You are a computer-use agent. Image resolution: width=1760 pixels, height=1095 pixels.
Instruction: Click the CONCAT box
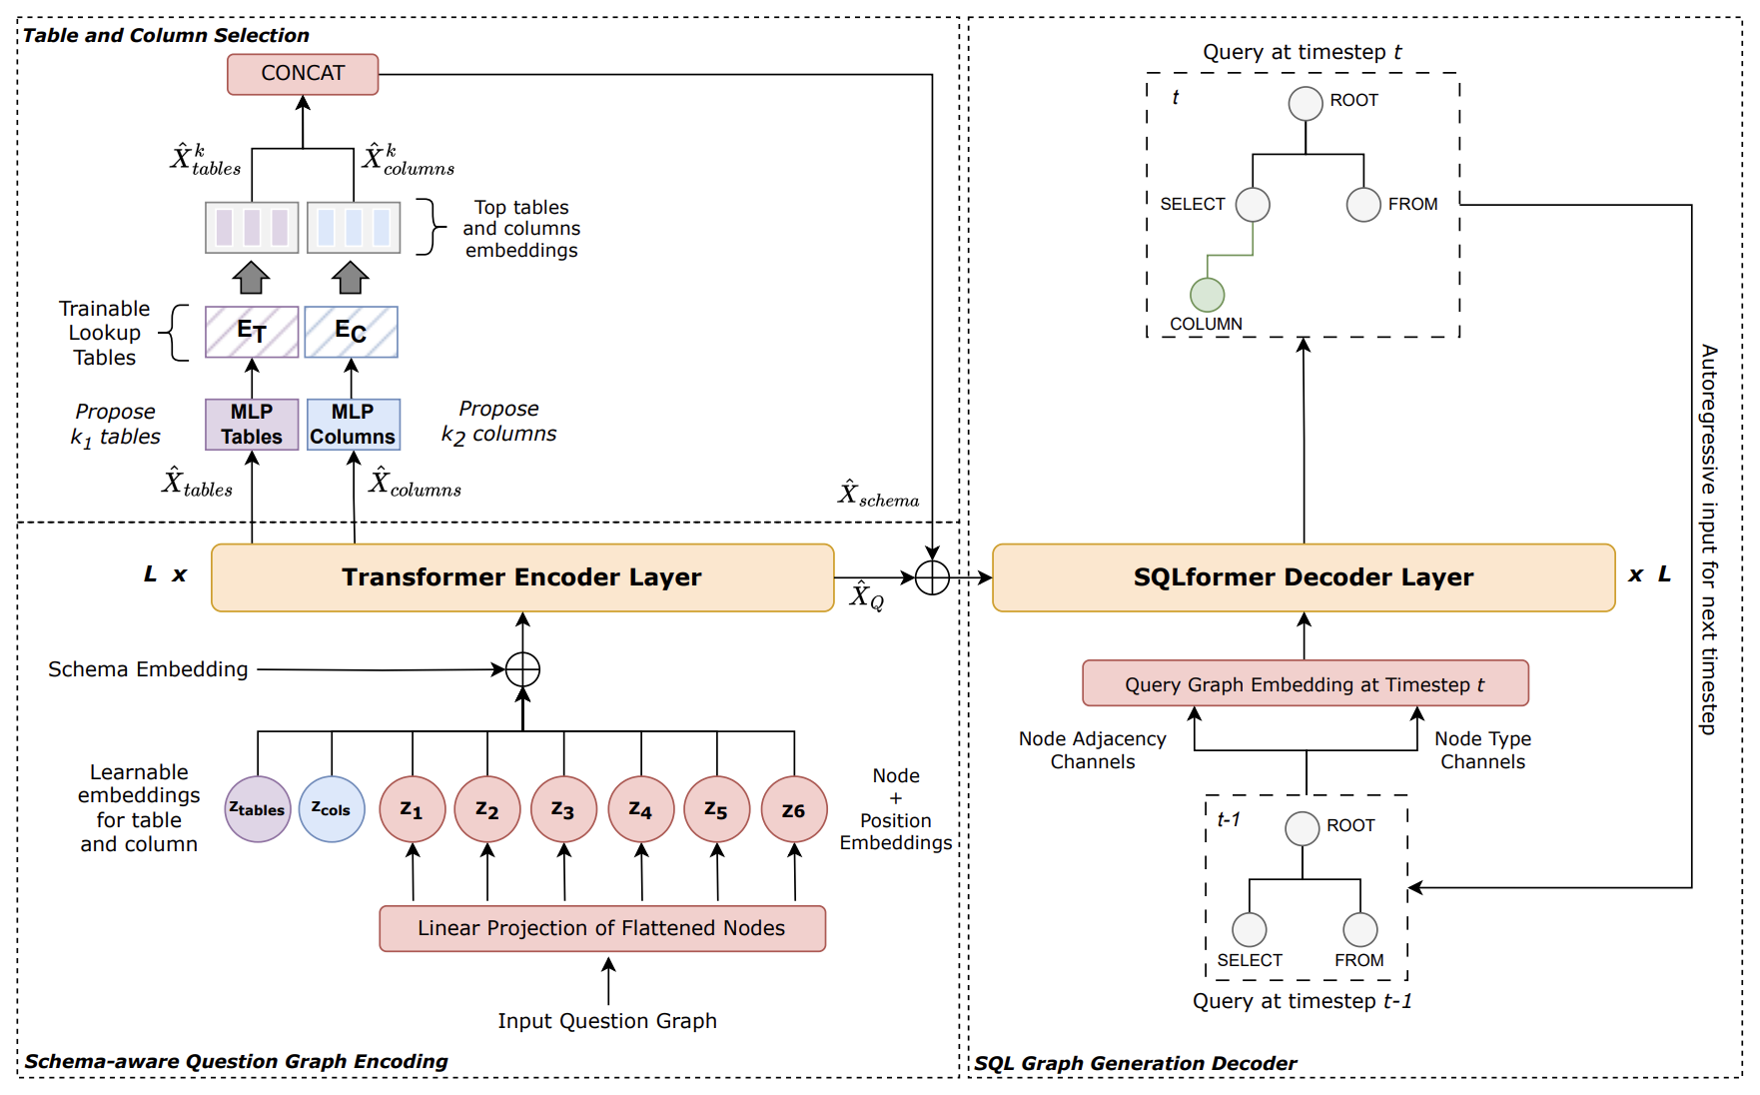[303, 74]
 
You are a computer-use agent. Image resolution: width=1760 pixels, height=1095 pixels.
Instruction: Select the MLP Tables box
[252, 425]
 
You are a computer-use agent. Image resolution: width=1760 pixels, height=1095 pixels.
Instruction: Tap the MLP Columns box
[353, 425]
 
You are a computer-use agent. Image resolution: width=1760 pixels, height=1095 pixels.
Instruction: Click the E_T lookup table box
[252, 332]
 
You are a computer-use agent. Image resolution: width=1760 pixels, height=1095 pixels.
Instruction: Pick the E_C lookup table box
[351, 332]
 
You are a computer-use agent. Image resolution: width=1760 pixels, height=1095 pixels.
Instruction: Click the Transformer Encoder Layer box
[522, 577]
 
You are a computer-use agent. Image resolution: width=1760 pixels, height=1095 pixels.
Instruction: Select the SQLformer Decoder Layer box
[1303, 577]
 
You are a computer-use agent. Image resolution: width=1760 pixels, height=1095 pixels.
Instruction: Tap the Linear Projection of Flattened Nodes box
[602, 928]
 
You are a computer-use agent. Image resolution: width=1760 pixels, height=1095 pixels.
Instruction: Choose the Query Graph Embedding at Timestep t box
[1305, 683]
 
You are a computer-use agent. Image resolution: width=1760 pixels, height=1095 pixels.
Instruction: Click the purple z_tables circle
[258, 809]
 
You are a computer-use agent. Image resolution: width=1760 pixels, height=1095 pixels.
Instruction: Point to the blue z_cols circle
[332, 809]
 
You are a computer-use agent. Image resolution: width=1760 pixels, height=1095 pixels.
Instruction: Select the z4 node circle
[641, 809]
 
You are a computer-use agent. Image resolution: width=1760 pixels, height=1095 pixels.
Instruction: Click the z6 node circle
[794, 809]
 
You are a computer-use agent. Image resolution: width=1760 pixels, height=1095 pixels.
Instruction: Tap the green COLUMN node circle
[1207, 295]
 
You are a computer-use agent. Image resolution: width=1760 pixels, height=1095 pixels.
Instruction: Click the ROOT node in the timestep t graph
[1306, 103]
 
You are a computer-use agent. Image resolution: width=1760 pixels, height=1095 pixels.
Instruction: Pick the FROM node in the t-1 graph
[1359, 929]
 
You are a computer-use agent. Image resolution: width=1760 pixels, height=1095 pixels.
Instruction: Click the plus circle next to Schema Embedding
[522, 669]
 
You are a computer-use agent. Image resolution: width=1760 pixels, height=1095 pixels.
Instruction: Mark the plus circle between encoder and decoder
[932, 577]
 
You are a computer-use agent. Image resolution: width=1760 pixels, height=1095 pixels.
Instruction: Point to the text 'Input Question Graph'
[607, 1021]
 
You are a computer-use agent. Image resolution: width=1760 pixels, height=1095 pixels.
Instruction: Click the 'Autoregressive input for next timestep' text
[1709, 540]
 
